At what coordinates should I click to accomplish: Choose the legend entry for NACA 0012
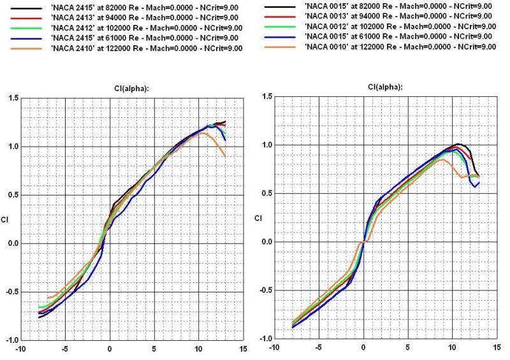pyautogui.click(x=398, y=26)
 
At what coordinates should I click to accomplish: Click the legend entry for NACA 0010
pyautogui.click(x=398, y=47)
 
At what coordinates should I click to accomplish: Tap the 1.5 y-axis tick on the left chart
pyautogui.click(x=11, y=97)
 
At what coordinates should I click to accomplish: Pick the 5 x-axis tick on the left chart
pyautogui.click(x=154, y=349)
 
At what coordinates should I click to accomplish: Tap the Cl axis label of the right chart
pyautogui.click(x=259, y=218)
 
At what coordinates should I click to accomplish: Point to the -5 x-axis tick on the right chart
pyautogui.click(x=318, y=348)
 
